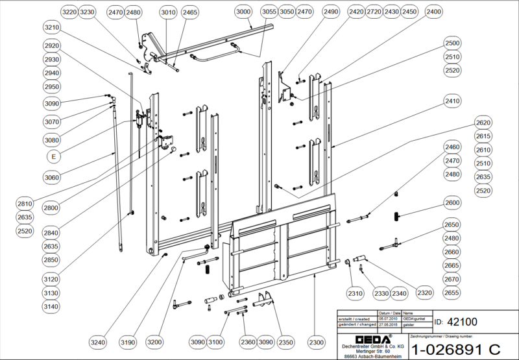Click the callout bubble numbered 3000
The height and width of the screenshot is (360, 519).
pyautogui.click(x=244, y=12)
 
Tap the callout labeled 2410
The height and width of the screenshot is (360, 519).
pyautogui.click(x=453, y=101)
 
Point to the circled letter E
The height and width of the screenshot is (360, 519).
pyautogui.click(x=53, y=156)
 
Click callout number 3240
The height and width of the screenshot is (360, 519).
pyautogui.click(x=97, y=342)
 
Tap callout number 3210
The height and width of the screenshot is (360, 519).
pyautogui.click(x=52, y=28)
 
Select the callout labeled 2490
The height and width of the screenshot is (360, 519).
pyautogui.click(x=331, y=12)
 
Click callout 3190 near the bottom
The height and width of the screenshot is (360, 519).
pyautogui.click(x=128, y=342)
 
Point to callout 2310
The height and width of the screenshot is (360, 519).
pyautogui.click(x=354, y=293)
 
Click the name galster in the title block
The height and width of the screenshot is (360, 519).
pyautogui.click(x=409, y=324)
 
